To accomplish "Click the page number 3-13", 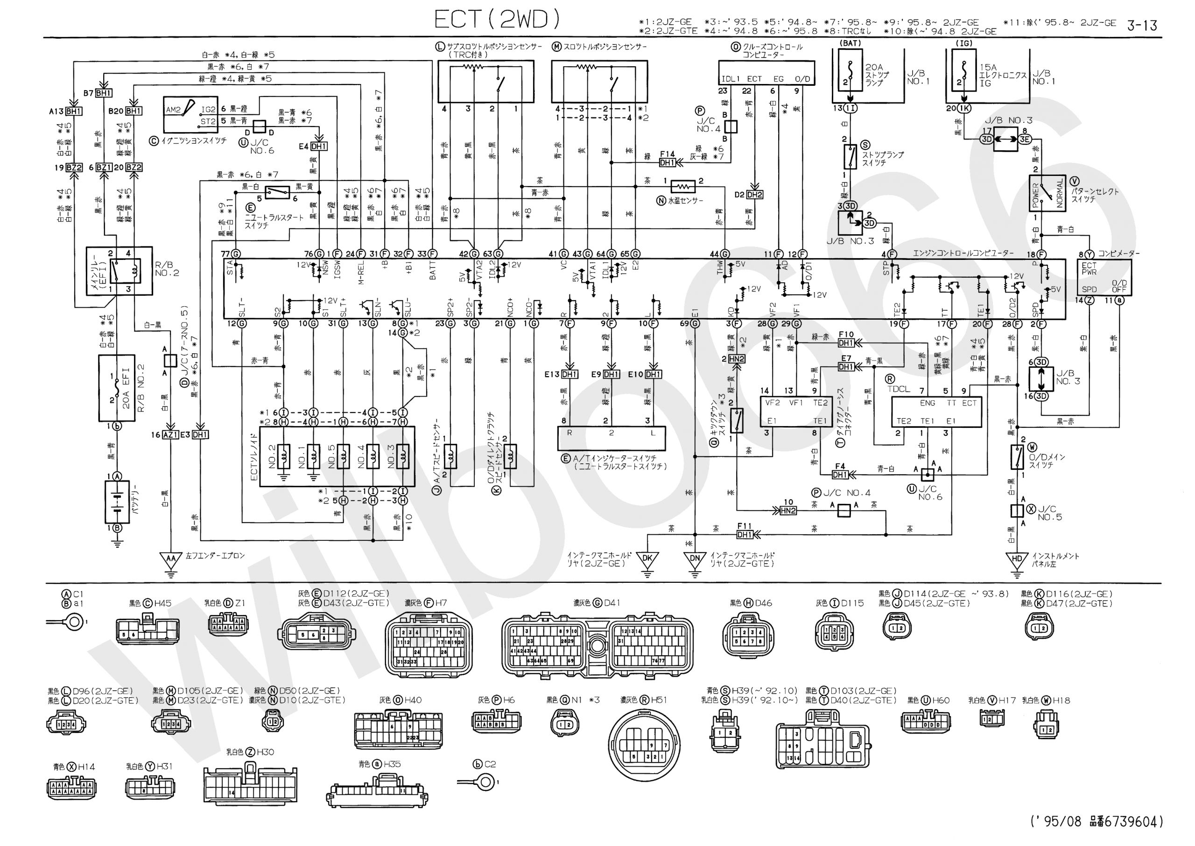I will tap(1142, 25).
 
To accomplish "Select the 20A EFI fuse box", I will tap(117, 388).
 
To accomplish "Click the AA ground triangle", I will tap(170, 559).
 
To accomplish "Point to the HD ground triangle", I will tap(1017, 559).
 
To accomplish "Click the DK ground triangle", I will tap(647, 559).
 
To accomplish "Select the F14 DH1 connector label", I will tap(667, 162).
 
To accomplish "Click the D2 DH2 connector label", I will tap(754, 194).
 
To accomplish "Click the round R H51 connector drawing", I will tap(644, 745).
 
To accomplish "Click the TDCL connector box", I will tap(935, 412).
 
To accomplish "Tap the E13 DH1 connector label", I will tap(569, 374).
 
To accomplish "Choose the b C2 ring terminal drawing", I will tap(486, 782).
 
